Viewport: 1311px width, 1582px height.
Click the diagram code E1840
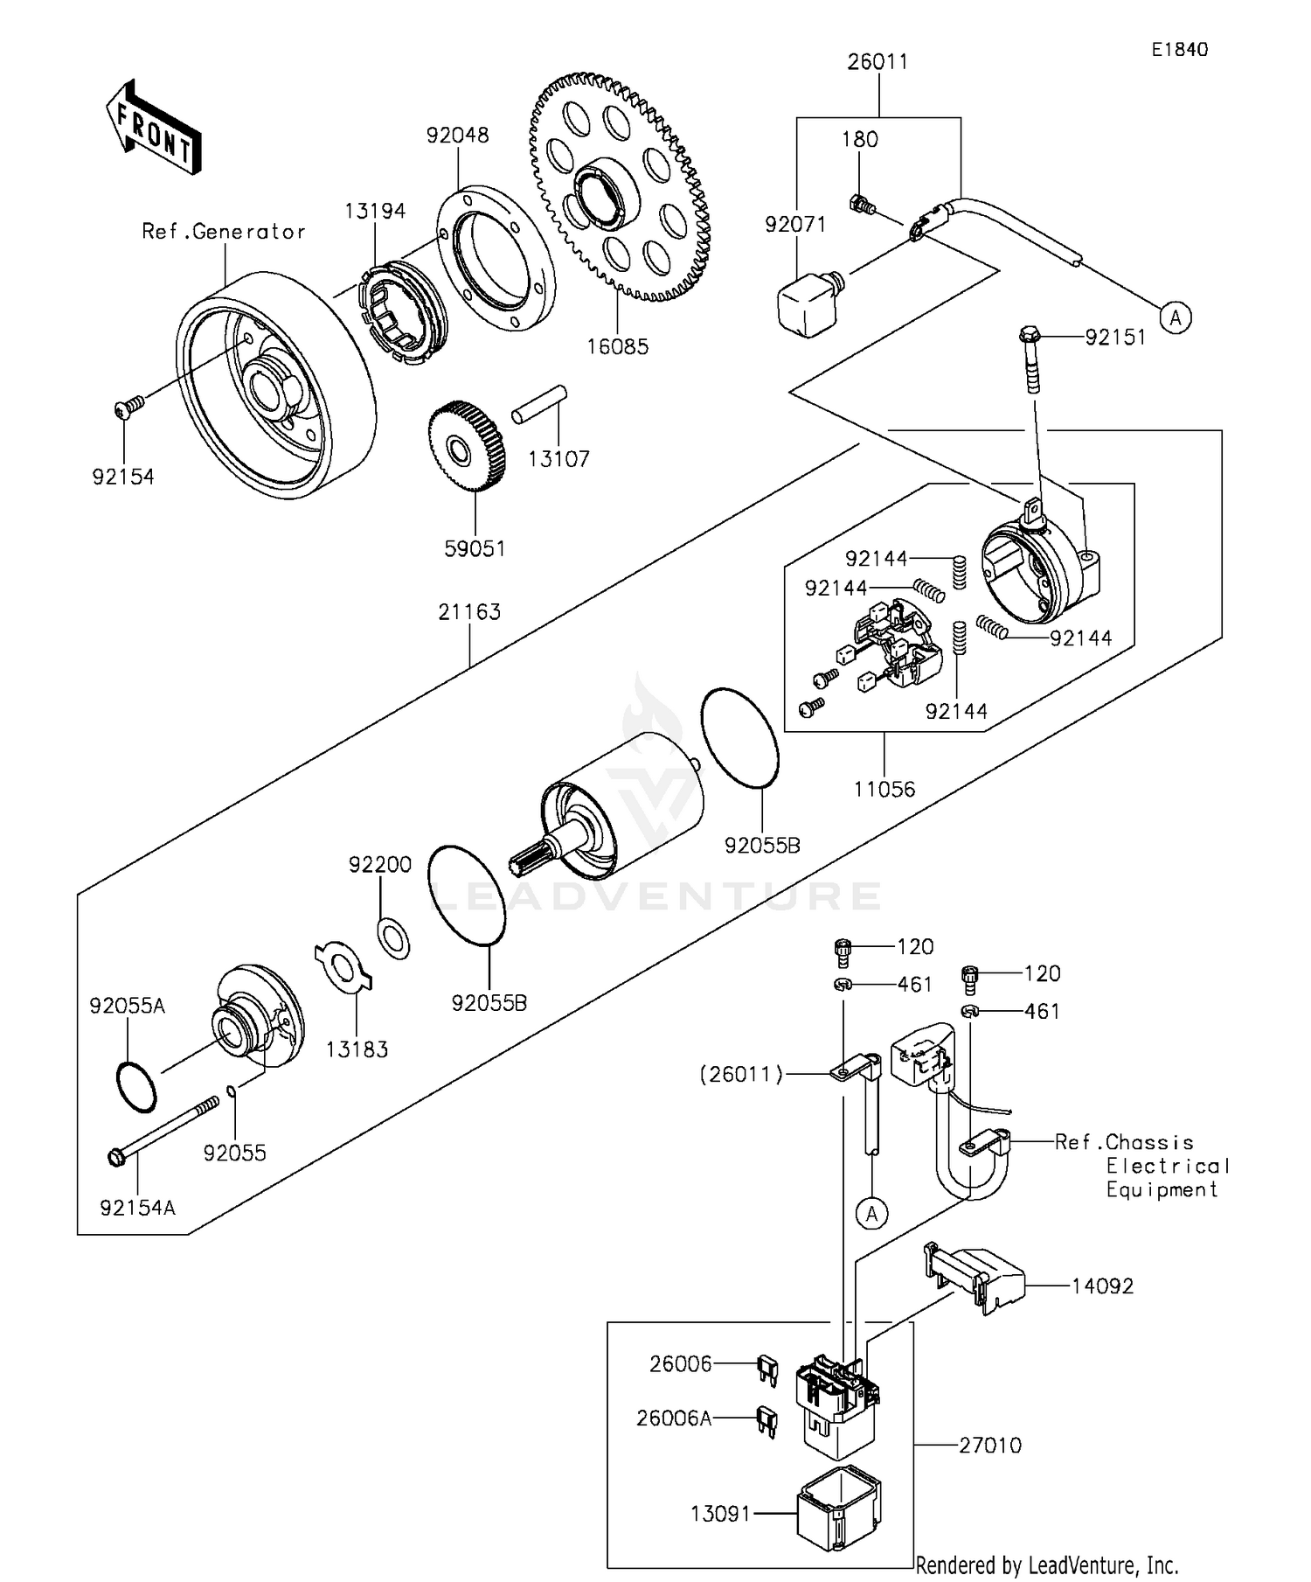point(1179,50)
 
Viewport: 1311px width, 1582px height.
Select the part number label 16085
point(617,346)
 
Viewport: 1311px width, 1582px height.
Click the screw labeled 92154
point(128,408)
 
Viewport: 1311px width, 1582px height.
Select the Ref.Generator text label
point(224,232)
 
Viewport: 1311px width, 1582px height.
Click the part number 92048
point(457,136)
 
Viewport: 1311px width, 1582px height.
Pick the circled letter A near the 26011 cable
point(1176,317)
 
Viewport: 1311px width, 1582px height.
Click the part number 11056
point(884,790)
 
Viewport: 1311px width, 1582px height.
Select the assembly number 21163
point(469,612)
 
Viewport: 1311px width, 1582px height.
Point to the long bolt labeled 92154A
point(166,1128)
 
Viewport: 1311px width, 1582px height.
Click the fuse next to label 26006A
point(767,1419)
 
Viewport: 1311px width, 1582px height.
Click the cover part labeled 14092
point(975,1278)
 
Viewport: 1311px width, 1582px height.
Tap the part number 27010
point(989,1446)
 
